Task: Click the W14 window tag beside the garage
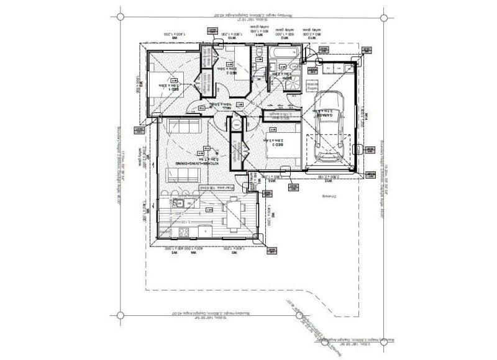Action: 367,115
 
